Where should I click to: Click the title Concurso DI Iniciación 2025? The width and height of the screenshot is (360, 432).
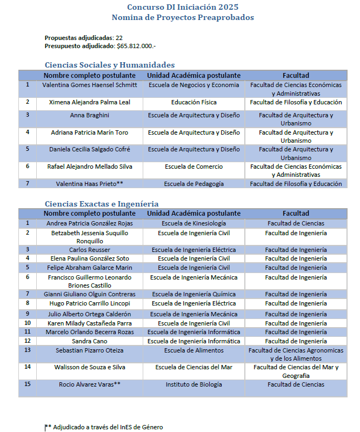(x=183, y=7)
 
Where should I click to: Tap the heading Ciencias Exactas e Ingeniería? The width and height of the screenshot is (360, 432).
(x=102, y=203)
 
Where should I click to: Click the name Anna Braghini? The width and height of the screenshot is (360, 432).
(x=90, y=115)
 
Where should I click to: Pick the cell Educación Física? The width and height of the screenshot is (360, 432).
(x=194, y=102)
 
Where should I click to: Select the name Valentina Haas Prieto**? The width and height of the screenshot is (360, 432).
(x=90, y=184)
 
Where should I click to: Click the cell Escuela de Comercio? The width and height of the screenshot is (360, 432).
(x=194, y=167)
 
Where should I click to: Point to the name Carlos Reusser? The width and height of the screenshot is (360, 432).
(x=90, y=250)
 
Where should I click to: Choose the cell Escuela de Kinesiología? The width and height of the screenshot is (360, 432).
(x=194, y=223)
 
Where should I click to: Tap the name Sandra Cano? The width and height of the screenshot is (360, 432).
(x=90, y=341)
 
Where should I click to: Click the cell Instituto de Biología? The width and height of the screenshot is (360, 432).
(x=194, y=384)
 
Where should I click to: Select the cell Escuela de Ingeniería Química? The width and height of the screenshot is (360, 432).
(x=194, y=294)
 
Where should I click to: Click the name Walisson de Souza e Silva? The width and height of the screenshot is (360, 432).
(x=90, y=368)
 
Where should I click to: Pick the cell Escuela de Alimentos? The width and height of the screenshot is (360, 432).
(x=194, y=350)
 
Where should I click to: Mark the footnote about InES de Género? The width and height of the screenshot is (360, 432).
(x=104, y=427)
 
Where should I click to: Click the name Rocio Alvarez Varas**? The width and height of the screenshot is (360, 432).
(x=90, y=384)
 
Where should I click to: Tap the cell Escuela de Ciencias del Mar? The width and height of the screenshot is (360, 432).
(x=194, y=368)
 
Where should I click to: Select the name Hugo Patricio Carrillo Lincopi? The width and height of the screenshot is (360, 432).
(x=90, y=303)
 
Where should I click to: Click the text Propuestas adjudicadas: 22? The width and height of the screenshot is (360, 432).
(x=83, y=38)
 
